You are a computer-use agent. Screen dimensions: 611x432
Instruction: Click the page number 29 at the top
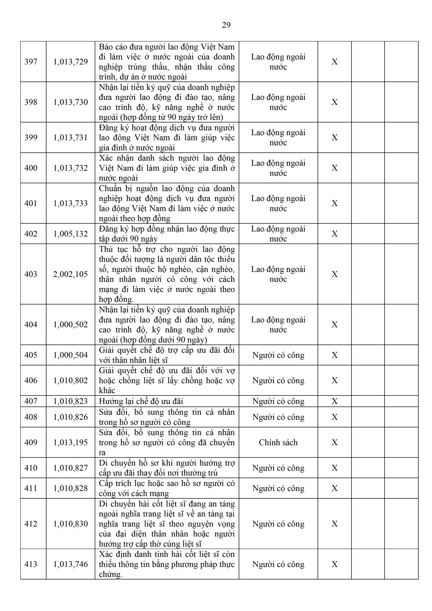point(226,25)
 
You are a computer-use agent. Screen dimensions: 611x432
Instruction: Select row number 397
point(31,62)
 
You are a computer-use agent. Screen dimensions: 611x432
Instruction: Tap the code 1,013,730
point(71,102)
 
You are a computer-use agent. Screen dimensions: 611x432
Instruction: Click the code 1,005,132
point(71,234)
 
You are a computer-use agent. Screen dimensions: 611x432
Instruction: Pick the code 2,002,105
point(71,274)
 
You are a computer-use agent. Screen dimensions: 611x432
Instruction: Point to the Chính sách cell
point(278,443)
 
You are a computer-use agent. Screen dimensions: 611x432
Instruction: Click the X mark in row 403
point(335,274)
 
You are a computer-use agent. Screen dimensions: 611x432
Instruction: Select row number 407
point(31,401)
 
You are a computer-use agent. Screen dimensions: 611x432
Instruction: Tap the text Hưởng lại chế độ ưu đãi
point(141,401)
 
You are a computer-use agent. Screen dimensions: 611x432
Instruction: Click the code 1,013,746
point(71,564)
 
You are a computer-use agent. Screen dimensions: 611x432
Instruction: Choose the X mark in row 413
point(335,564)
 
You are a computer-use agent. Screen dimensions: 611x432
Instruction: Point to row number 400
point(31,168)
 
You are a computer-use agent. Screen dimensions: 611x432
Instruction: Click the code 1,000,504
point(71,355)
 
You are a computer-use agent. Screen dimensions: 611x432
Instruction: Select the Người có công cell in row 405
point(278,355)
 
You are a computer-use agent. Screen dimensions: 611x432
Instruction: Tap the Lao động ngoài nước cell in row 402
point(278,234)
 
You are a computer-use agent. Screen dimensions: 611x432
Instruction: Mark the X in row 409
point(335,443)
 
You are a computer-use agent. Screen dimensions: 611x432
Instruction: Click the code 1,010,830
point(71,524)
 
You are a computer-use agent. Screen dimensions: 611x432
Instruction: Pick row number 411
point(31,488)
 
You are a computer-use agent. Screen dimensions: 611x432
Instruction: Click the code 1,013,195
point(71,443)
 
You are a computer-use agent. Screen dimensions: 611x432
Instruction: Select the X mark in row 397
point(335,62)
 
